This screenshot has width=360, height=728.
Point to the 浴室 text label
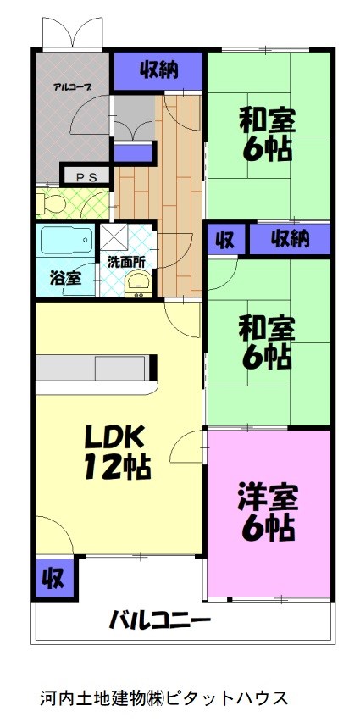[x=64, y=277]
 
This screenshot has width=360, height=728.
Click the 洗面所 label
[x=125, y=262]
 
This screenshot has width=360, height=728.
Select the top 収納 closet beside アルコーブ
[x=158, y=70]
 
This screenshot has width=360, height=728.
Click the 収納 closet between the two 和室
[x=289, y=239]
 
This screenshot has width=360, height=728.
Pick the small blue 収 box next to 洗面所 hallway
[x=225, y=239]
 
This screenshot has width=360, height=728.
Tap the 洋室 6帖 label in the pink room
[x=267, y=512]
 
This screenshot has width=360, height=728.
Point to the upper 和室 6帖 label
[x=268, y=134]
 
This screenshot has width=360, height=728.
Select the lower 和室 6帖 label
[x=268, y=341]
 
